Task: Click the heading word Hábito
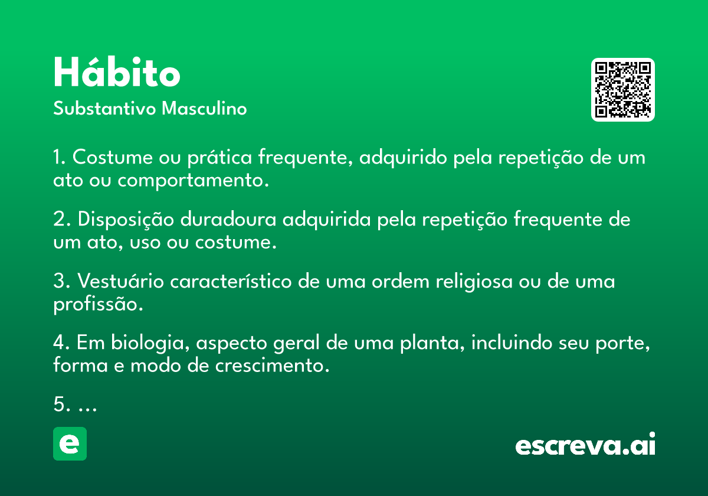coord(117,72)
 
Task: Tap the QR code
coord(622,90)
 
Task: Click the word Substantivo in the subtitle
coord(104,109)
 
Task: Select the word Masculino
coord(204,109)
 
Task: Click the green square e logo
coord(70,443)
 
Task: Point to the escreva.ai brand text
coord(585,444)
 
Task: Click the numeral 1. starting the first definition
coord(60,157)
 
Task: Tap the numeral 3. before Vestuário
coord(61,281)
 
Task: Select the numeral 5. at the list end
coord(61,404)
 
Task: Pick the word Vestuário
coord(121,281)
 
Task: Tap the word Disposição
coord(126,220)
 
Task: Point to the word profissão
coord(98,305)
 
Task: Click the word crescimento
coord(272,366)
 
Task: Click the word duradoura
coord(228,219)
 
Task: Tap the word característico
coord(231,281)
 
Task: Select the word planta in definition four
coord(432,344)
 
